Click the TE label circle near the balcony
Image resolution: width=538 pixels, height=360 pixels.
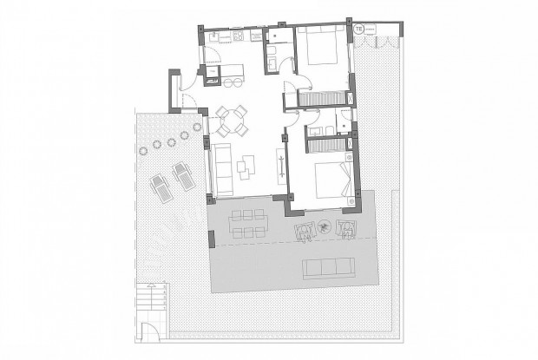tap(358, 29)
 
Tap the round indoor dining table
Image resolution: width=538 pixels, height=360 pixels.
tap(233, 121)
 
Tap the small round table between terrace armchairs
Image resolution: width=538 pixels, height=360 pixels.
tap(324, 228)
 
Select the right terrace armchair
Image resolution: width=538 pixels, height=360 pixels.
tap(346, 229)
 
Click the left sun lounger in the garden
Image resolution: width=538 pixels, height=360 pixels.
tap(161, 183)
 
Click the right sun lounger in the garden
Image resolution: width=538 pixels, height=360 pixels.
tap(184, 177)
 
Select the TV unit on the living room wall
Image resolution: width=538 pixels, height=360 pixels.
tap(280, 162)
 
